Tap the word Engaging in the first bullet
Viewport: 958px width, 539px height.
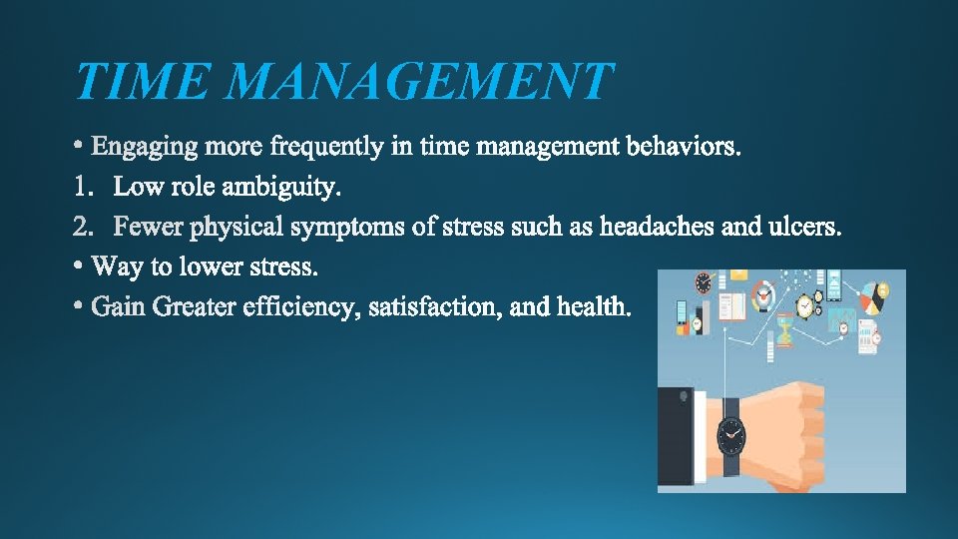[145, 148]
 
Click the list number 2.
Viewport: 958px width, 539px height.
[83, 228]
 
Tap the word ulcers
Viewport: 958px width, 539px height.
[805, 228]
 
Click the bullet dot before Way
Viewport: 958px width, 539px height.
[79, 268]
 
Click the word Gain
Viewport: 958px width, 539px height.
[118, 307]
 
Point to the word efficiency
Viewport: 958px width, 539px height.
[299, 307]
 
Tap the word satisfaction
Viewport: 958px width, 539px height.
[435, 307]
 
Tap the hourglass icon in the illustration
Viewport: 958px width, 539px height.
[785, 330]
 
